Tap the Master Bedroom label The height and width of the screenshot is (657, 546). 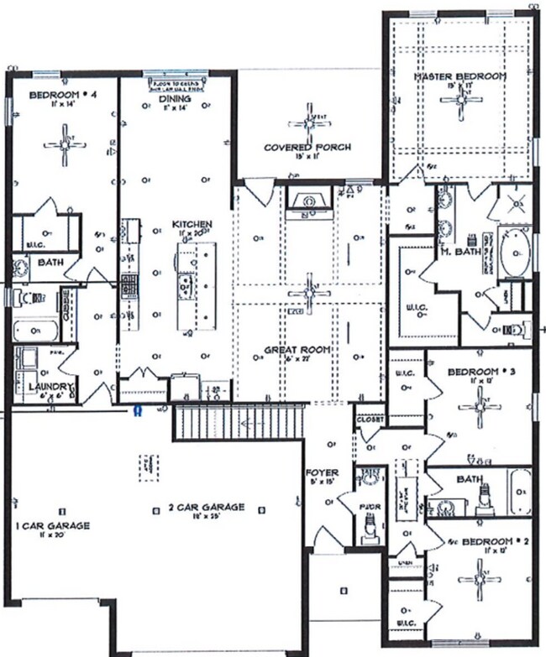(461, 76)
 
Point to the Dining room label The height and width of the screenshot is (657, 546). (176, 98)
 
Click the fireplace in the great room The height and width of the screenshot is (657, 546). (309, 202)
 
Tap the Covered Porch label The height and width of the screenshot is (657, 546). (307, 147)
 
